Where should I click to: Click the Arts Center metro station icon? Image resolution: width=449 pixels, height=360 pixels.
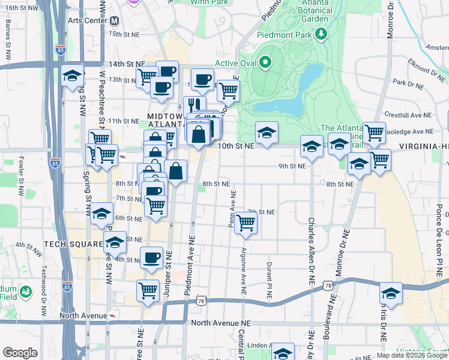tap(115, 20)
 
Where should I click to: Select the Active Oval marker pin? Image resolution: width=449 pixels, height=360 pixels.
tap(265, 62)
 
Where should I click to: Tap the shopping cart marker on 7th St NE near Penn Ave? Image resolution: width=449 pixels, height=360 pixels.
tap(246, 223)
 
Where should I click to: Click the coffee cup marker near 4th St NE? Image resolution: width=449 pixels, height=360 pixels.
tap(152, 257)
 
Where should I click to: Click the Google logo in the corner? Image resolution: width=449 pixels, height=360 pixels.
tap(20, 353)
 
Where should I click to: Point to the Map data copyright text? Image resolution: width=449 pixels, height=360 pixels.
tap(412, 355)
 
